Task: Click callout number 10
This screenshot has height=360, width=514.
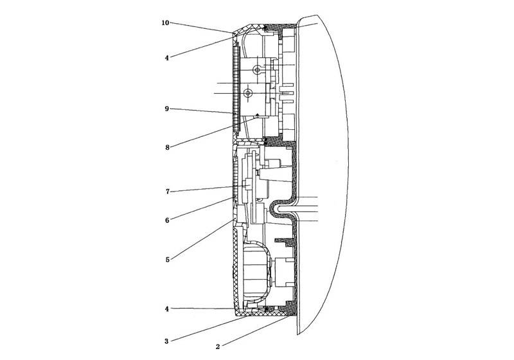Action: (x=165, y=22)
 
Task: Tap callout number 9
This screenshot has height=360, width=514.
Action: (x=167, y=109)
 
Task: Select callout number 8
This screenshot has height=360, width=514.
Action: (x=167, y=147)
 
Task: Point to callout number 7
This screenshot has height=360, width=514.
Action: (x=168, y=192)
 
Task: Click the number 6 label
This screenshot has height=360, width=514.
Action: (x=167, y=221)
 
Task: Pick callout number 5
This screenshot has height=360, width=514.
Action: (x=168, y=260)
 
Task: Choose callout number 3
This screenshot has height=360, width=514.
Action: (x=166, y=341)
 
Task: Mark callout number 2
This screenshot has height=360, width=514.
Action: (x=218, y=347)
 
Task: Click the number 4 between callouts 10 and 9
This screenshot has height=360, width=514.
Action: (x=167, y=58)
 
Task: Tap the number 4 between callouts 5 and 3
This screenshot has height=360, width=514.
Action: (x=167, y=309)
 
